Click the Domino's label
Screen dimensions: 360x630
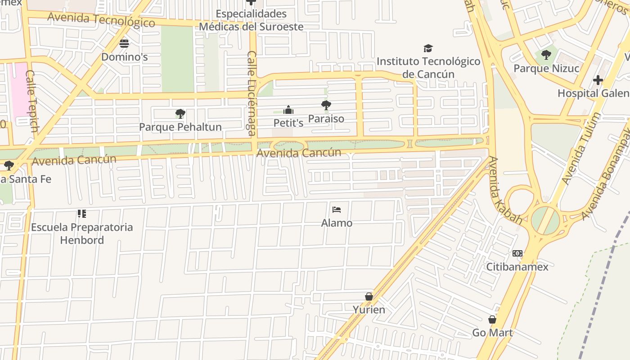point(124,57)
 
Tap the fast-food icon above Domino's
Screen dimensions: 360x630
point(124,43)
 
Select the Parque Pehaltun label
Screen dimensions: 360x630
point(180,127)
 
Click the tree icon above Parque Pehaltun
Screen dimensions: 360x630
point(180,113)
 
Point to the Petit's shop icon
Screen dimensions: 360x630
point(288,110)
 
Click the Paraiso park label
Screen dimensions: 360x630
point(326,119)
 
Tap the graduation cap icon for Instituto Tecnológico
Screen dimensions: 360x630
point(428,48)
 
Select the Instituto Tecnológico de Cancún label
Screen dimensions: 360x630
point(428,67)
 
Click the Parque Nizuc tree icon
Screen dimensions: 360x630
point(546,55)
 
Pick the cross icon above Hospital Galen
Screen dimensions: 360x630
point(598,80)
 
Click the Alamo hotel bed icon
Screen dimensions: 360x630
point(337,209)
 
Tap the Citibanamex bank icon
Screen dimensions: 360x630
point(517,253)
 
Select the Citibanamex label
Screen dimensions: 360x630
point(517,267)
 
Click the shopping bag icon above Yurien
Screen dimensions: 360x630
point(369,297)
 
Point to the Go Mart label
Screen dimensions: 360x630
point(492,333)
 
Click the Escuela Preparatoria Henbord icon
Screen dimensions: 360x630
point(81,213)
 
